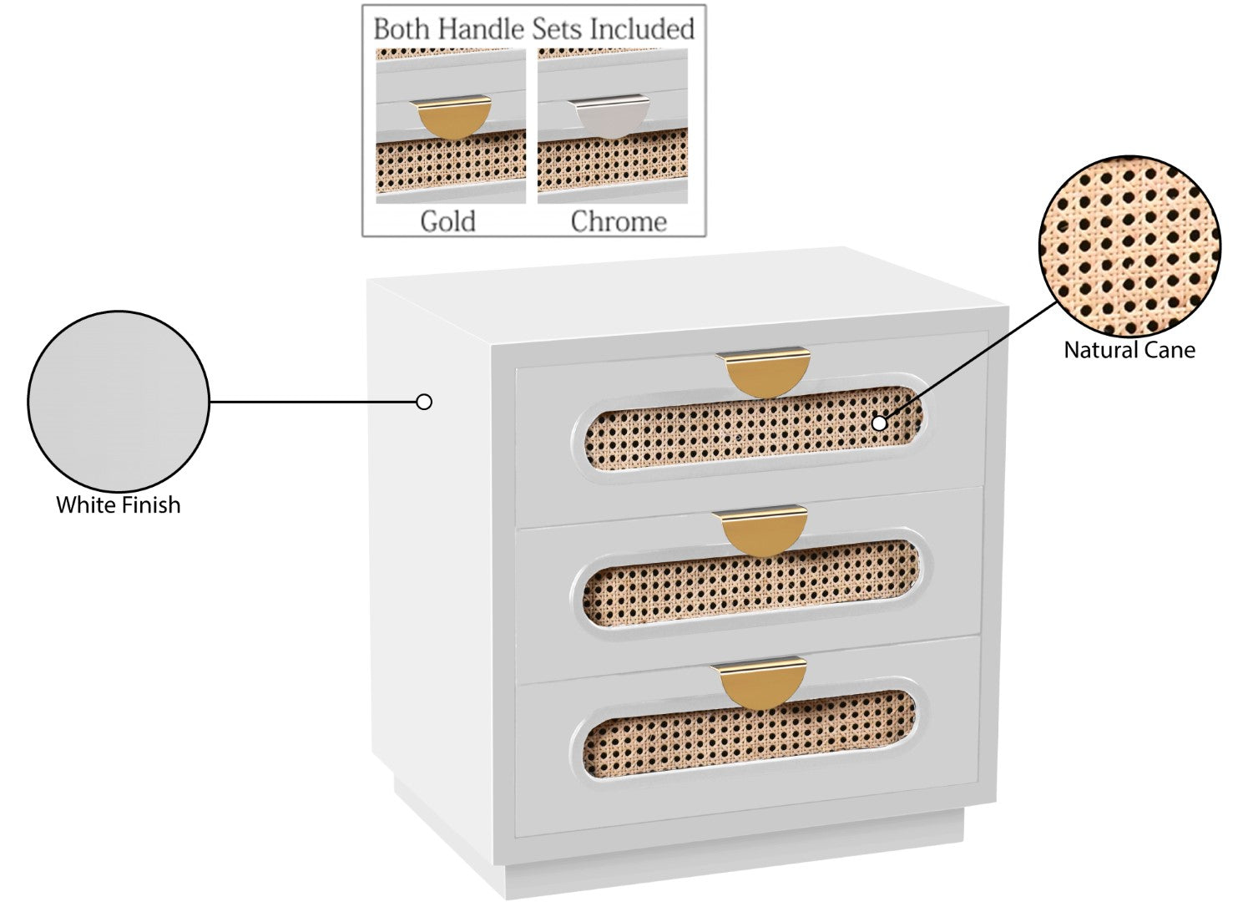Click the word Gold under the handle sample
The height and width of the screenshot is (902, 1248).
tap(448, 221)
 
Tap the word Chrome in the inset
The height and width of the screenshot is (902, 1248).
tap(619, 221)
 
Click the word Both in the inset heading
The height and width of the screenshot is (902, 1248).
tap(402, 29)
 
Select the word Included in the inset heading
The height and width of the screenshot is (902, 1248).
tap(642, 29)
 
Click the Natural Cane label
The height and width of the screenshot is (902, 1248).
tap(1129, 350)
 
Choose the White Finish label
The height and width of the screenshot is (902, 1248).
tap(118, 505)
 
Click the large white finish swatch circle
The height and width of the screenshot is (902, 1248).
tap(118, 401)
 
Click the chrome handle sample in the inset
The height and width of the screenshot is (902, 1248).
tap(609, 115)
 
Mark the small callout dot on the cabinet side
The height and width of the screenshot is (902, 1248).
tap(424, 402)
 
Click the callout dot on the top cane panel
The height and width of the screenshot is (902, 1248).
tap(879, 423)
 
